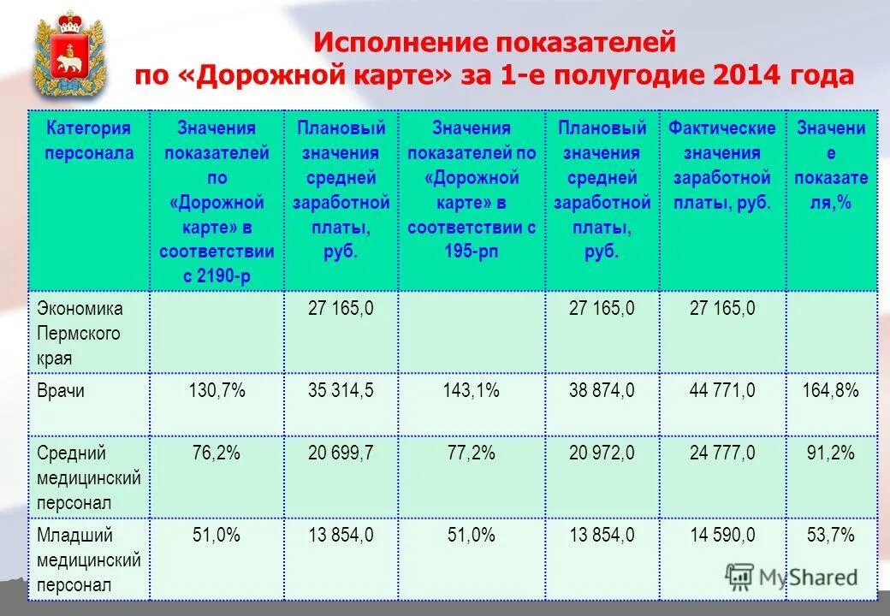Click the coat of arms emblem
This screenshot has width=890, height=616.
pos(68,54)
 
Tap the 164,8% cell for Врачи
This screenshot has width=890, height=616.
pos(830,392)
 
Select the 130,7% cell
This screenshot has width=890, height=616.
pos(217,392)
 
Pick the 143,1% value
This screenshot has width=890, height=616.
pos(472,392)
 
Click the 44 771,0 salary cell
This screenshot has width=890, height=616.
pos(722,392)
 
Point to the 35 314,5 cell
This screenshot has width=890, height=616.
pos(341,392)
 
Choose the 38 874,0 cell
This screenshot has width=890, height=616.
pos(602,392)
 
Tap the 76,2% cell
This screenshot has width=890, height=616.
pos(217,453)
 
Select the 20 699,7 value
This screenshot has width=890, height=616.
pos(341,453)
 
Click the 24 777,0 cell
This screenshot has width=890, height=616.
pos(722,453)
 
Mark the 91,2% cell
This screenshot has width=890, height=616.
pos(830,453)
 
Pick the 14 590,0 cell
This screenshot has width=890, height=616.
pos(722,536)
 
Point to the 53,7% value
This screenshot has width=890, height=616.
pos(830,536)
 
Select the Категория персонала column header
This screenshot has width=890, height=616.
pos(89,141)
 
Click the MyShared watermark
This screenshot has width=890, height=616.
pos(792,577)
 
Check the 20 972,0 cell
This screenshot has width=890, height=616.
pos(602,453)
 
